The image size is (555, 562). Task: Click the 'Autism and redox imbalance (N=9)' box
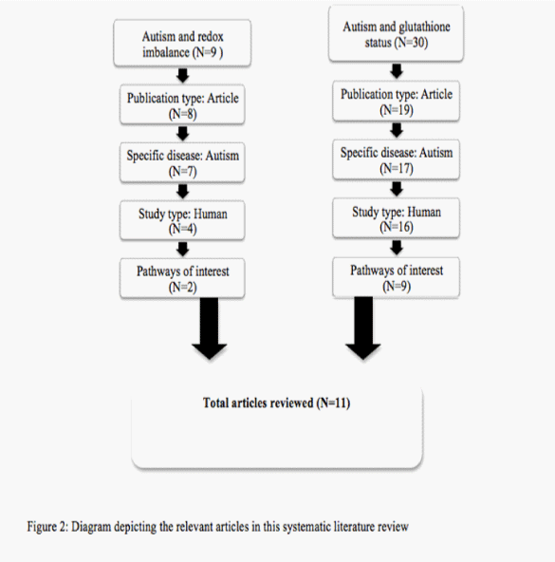[182, 43]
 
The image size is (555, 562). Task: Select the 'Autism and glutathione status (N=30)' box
[396, 33]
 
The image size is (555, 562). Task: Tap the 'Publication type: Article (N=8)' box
[182, 104]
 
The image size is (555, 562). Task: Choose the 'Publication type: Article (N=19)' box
[396, 101]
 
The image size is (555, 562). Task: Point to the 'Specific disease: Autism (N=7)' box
[182, 162]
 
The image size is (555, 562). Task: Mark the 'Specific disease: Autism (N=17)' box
[396, 159]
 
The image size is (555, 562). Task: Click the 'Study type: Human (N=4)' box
[182, 220]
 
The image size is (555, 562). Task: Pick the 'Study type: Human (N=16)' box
[396, 218]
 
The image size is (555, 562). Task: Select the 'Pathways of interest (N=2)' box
[182, 278]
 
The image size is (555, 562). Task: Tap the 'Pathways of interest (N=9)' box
[396, 277]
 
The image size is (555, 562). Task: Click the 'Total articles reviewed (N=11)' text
[277, 403]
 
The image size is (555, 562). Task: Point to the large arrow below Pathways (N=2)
[210, 328]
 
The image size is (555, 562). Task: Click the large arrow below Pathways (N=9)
[363, 328]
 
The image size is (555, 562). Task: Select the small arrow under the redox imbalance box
[183, 75]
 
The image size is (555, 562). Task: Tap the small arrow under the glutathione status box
[397, 71]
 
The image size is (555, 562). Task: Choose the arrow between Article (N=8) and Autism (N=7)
[183, 133]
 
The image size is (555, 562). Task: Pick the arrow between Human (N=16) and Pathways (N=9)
[397, 248]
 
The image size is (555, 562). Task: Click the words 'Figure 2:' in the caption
[47, 527]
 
